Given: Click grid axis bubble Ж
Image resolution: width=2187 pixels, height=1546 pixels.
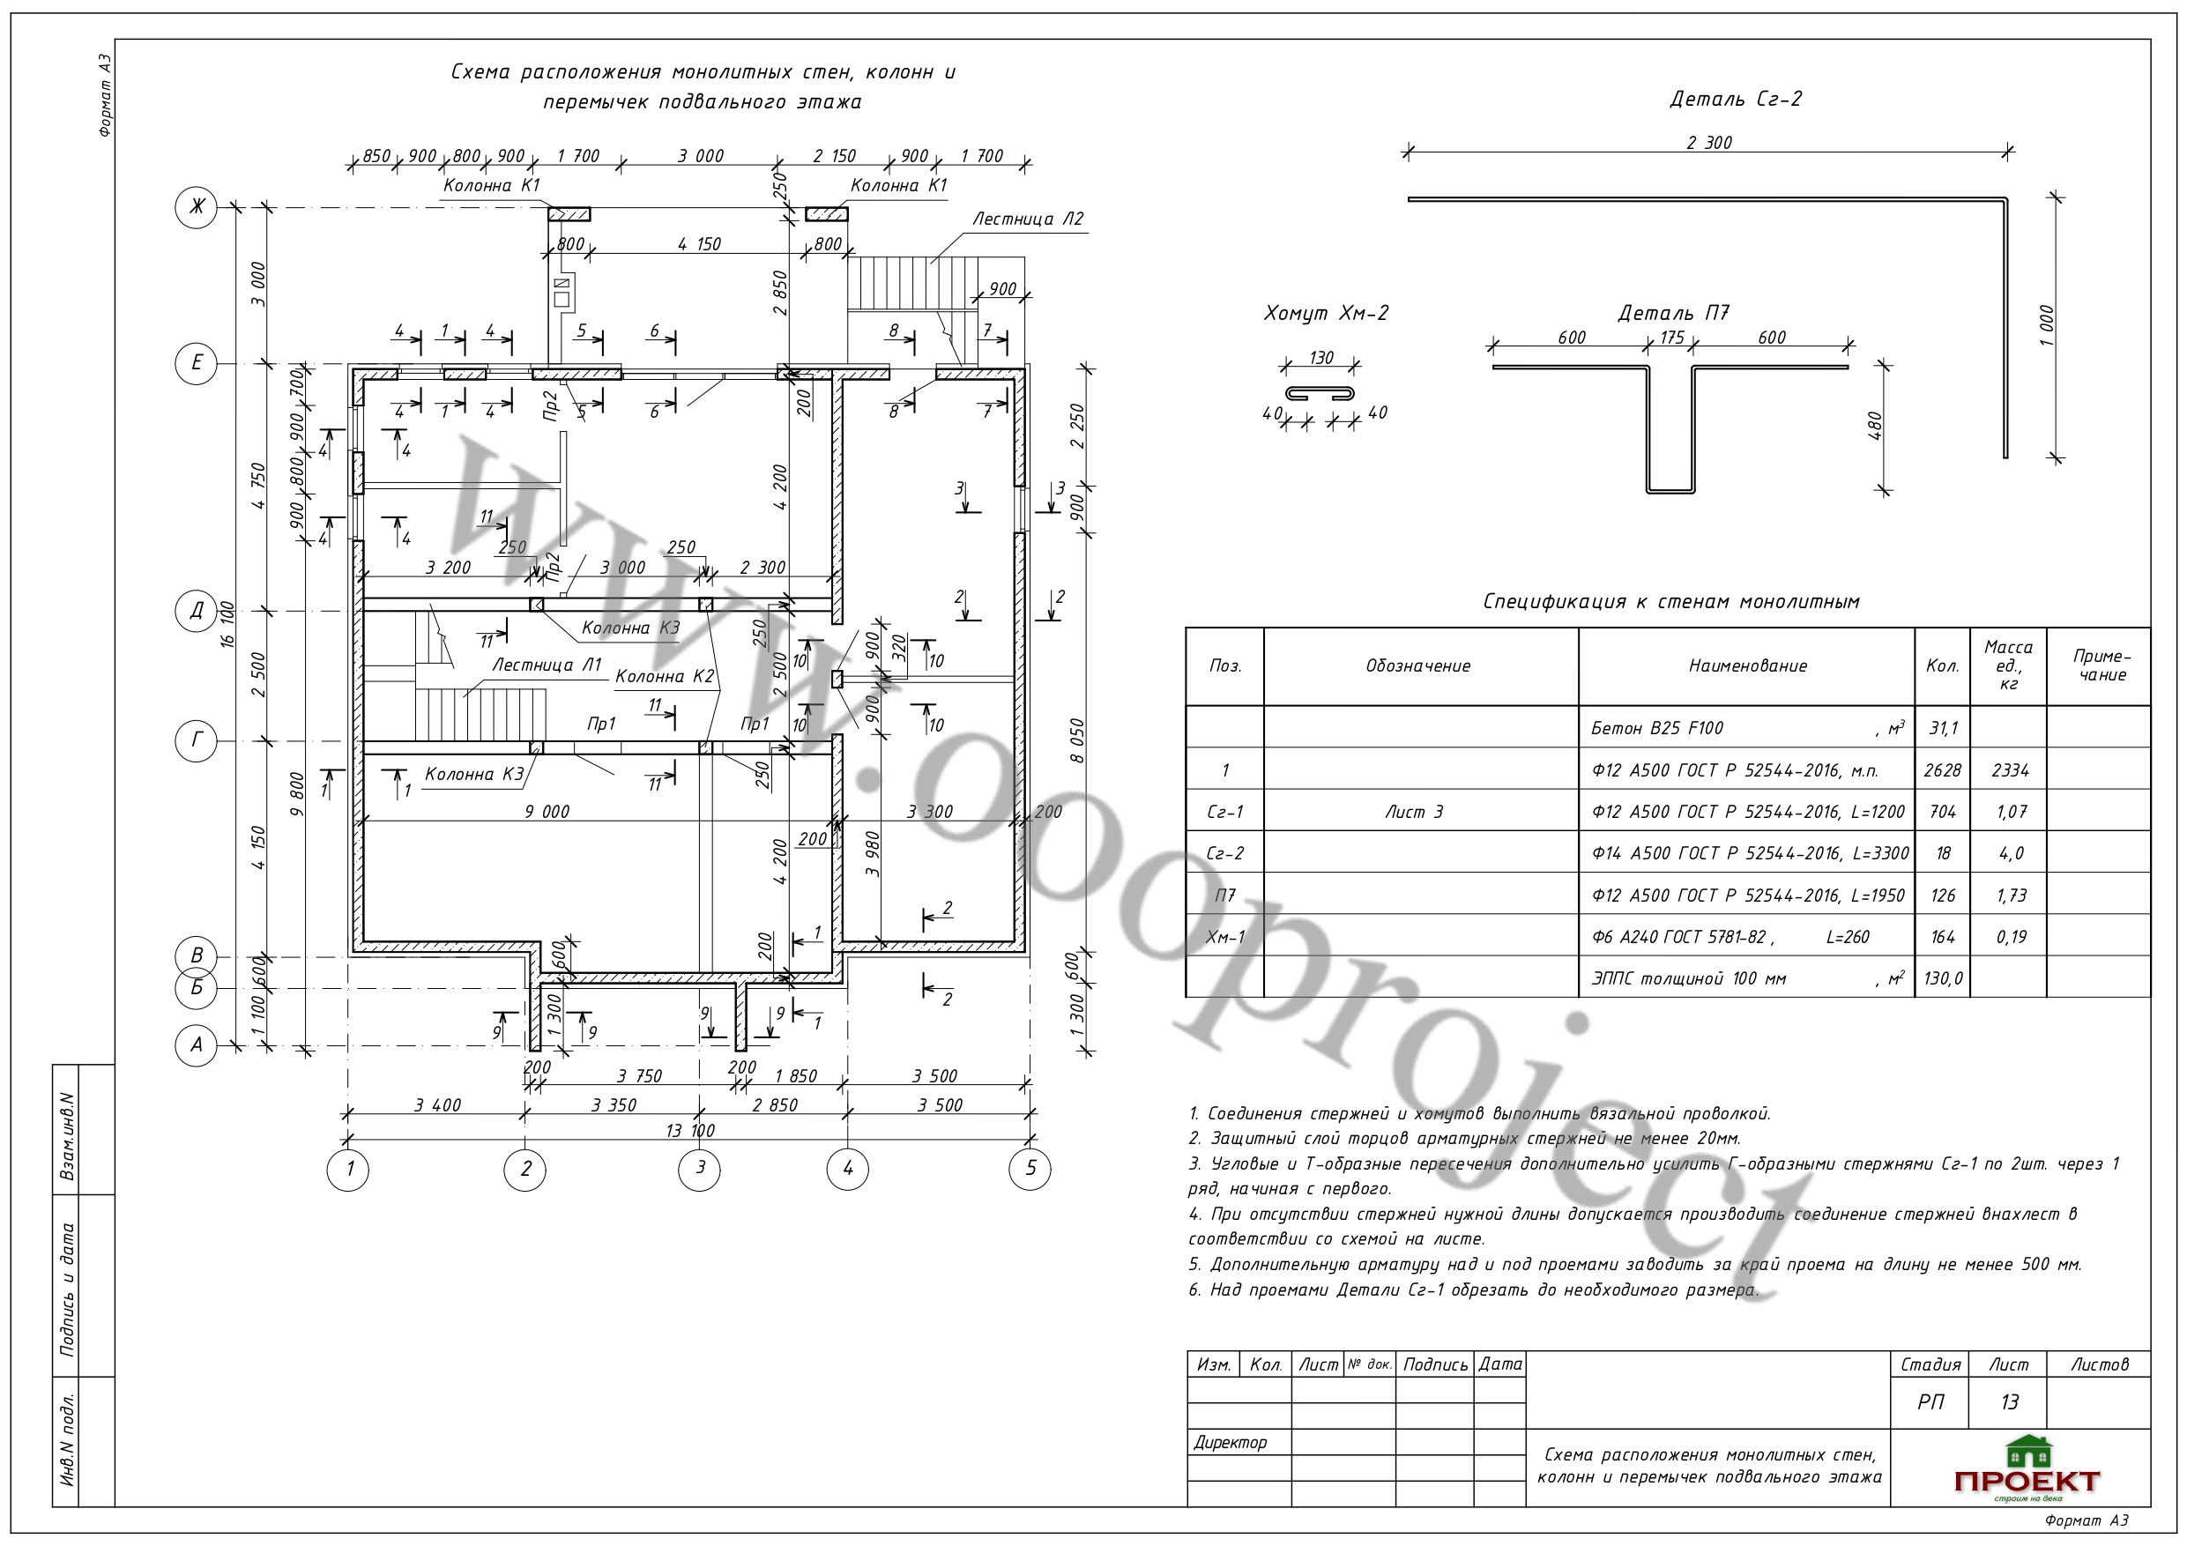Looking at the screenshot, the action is pyautogui.click(x=197, y=207).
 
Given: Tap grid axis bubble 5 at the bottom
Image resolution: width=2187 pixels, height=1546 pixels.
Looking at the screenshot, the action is pyautogui.click(x=1030, y=1169).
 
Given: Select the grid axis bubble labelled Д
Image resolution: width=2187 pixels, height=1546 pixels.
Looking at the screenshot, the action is pyautogui.click(x=197, y=611).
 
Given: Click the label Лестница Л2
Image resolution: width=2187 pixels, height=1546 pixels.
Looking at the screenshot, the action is pyautogui.click(x=1027, y=219).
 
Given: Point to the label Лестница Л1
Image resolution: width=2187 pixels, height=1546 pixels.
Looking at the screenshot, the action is pyautogui.click(x=547, y=665).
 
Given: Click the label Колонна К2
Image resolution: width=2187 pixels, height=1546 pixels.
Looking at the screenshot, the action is pyautogui.click(x=664, y=676).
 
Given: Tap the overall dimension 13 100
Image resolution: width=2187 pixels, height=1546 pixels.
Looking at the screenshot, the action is pyautogui.click(x=690, y=1131).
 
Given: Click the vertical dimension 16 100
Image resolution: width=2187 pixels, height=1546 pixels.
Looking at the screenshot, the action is pyautogui.click(x=227, y=625).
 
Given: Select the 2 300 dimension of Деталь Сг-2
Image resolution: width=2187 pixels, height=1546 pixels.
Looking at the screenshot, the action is pyautogui.click(x=1709, y=143).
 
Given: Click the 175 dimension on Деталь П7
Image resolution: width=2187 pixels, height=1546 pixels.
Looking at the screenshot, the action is pyautogui.click(x=1671, y=338).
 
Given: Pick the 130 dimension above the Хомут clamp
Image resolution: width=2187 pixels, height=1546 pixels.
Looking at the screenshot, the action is pyautogui.click(x=1321, y=358).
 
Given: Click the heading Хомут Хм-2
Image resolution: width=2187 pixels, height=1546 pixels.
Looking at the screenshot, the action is pyautogui.click(x=1326, y=314).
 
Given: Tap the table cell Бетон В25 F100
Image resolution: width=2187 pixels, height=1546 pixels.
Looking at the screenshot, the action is pyautogui.click(x=1656, y=729).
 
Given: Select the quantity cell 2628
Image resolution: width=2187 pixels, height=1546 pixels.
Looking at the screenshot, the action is pyautogui.click(x=1941, y=770).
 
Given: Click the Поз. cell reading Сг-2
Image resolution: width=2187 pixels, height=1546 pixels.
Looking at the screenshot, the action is pyautogui.click(x=1225, y=853).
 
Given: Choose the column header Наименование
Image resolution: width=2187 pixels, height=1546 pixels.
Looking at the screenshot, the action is pyautogui.click(x=1747, y=665).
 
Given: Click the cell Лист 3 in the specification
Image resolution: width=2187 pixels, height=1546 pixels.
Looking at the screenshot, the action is pyautogui.click(x=1415, y=813).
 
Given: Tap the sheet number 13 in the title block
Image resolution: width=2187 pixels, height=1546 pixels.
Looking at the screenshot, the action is pyautogui.click(x=2009, y=1402).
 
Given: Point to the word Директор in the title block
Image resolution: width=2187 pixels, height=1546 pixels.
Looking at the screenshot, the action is pyautogui.click(x=1230, y=1442).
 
